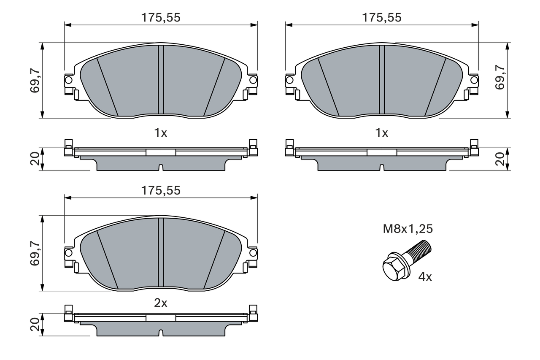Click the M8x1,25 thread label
click(408, 229)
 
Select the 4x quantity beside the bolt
click(425, 277)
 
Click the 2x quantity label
click(160, 303)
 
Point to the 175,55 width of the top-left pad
click(160, 18)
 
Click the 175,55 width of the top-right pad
click(382, 18)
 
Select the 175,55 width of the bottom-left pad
click(160, 191)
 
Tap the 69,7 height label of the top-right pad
click(500, 77)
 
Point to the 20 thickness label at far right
click(500, 159)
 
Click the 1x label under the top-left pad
click(160, 133)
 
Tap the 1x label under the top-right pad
click(382, 133)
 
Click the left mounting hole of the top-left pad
click(68, 79)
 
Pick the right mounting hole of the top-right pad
click(474, 79)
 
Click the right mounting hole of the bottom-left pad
click(253, 252)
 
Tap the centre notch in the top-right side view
click(382, 168)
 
